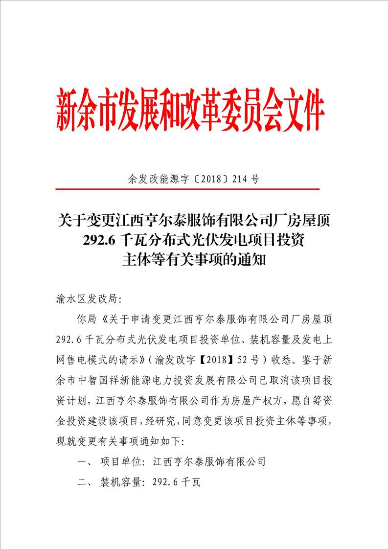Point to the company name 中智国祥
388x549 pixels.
pyautogui.click(x=104, y=380)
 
